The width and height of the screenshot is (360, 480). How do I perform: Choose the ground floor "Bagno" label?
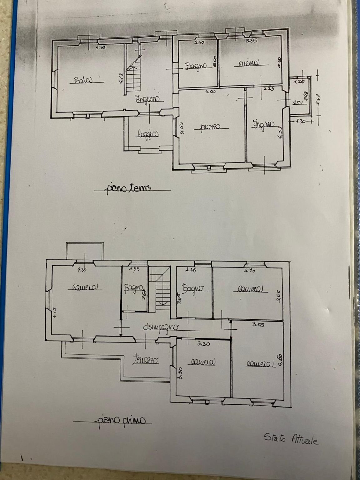[x=196, y=66]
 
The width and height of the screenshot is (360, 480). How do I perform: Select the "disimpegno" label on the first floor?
[x=161, y=327]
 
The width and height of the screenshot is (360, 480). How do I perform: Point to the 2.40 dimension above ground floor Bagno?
[x=199, y=42]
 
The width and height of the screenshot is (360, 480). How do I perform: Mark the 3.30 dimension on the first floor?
[x=203, y=344]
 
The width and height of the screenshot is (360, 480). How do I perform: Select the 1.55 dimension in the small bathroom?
[x=134, y=268]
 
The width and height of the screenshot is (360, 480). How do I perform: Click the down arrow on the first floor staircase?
[x=163, y=303]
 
